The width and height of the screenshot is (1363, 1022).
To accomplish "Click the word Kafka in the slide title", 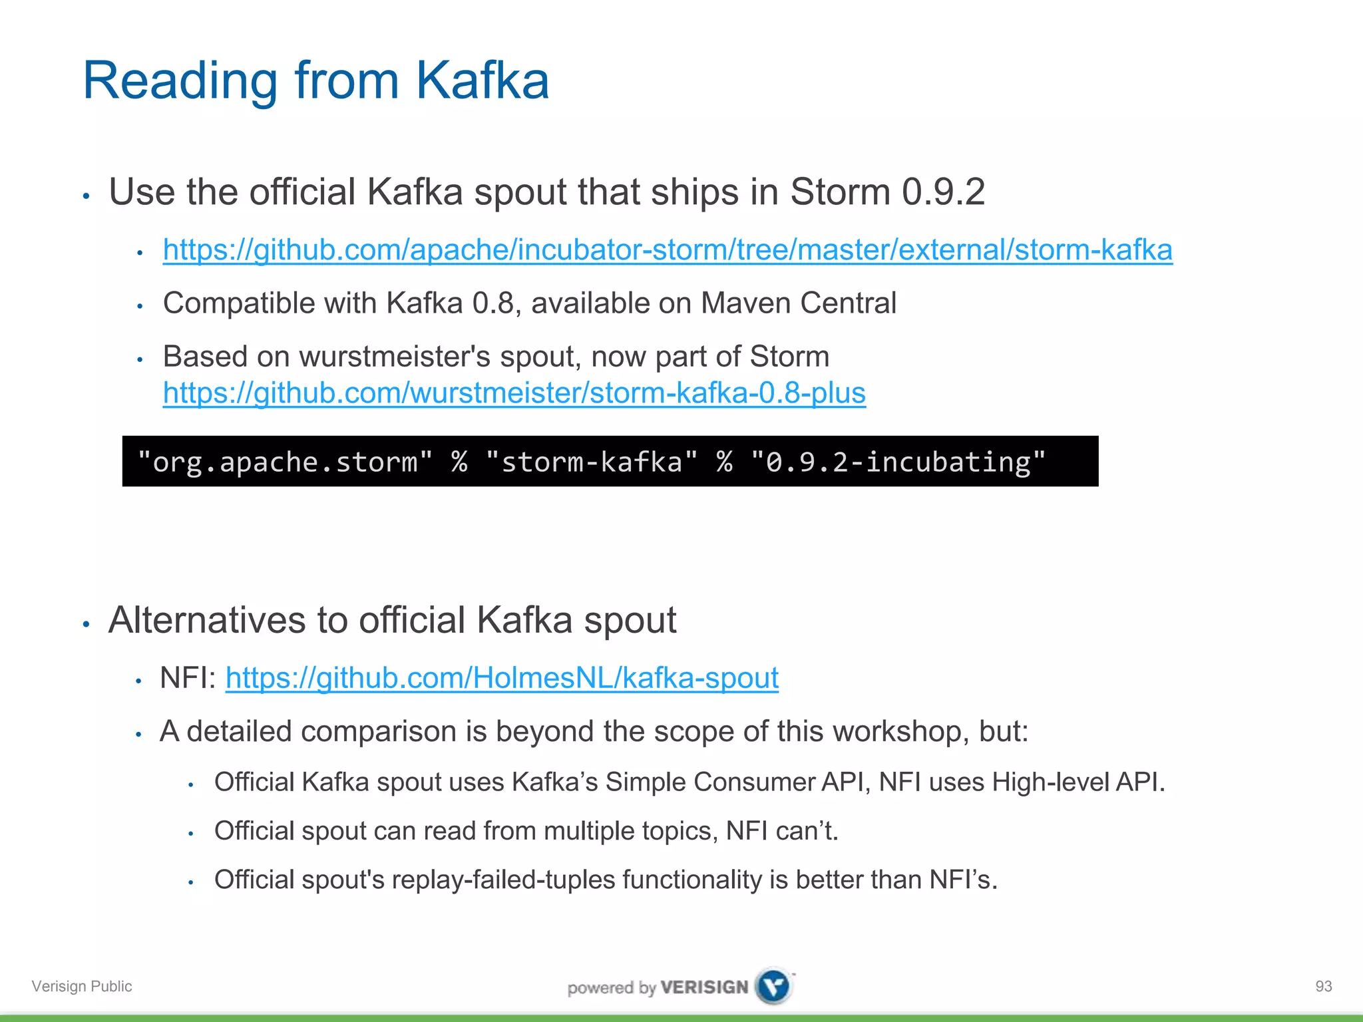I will pyautogui.click(x=482, y=81).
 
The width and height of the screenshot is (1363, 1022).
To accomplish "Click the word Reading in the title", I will pyautogui.click(x=180, y=81).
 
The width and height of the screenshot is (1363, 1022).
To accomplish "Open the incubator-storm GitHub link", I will pyautogui.click(x=667, y=250).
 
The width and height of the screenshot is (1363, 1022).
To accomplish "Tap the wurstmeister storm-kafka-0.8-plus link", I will pyautogui.click(x=514, y=393).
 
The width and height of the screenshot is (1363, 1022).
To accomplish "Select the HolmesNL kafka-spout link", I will pyautogui.click(x=502, y=678).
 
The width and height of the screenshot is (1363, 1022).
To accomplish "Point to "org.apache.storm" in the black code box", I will pyautogui.click(x=284, y=462).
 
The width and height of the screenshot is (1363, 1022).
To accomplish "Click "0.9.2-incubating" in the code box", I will pyautogui.click(x=898, y=462).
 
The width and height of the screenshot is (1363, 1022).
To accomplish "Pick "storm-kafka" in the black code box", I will pyautogui.click(x=592, y=462).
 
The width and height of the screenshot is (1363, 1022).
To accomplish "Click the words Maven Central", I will pyautogui.click(x=798, y=303).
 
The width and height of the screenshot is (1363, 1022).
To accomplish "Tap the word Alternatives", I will pyautogui.click(x=207, y=620).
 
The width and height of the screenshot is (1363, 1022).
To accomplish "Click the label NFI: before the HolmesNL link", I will pyautogui.click(x=188, y=678).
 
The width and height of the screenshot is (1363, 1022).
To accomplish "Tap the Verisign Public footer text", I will pyautogui.click(x=82, y=986).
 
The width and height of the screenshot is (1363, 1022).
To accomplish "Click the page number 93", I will pyautogui.click(x=1323, y=986).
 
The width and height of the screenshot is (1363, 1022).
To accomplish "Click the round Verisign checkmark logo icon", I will pyautogui.click(x=774, y=986).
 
